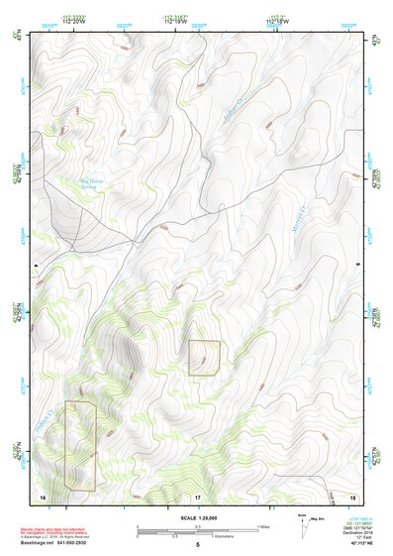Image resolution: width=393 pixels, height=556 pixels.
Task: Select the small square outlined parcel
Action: click(204, 358)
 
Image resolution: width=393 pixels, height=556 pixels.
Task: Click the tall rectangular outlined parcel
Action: click(80, 446)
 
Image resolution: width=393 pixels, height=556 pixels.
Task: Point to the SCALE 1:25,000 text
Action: click(197, 518)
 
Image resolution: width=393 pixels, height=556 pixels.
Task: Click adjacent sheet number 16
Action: click(43, 496)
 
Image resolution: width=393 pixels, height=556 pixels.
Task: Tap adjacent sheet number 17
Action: click(197, 496)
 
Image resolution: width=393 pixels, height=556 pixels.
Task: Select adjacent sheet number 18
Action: click(350, 496)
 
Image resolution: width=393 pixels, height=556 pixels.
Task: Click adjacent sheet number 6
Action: click(356, 265)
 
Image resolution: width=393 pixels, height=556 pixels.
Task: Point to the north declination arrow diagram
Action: click(302, 524)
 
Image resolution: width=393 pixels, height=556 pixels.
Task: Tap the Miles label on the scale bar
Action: click(263, 526)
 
